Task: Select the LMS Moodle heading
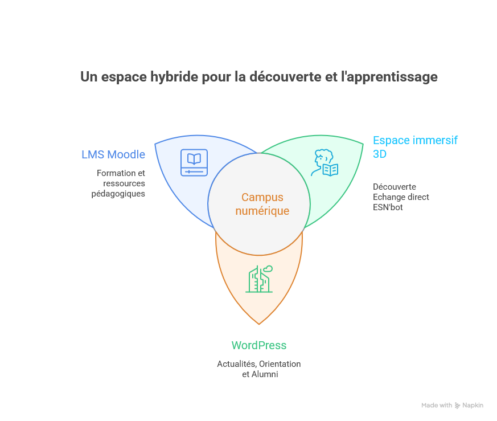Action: (113, 154)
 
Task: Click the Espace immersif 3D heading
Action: (415, 146)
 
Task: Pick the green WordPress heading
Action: (258, 345)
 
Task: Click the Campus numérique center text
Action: (262, 204)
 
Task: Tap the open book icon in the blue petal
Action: (194, 162)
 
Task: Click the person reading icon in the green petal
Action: (325, 164)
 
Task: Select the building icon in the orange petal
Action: (259, 279)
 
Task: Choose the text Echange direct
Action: (401, 197)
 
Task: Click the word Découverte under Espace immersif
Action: (395, 186)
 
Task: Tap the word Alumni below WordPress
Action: (265, 374)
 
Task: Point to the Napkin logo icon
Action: (457, 406)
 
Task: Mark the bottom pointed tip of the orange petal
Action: (259, 324)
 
